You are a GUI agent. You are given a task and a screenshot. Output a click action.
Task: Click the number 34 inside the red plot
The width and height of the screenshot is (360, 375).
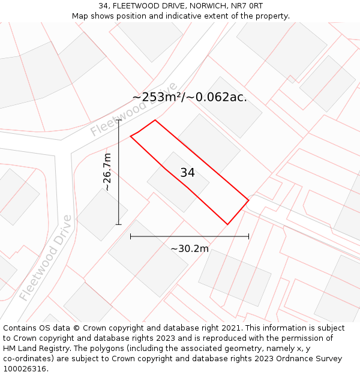(x=187, y=173)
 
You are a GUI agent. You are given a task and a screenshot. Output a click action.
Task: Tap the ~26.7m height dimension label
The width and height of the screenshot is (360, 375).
(x=107, y=172)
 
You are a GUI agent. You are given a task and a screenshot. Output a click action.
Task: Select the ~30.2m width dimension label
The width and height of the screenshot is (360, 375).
(x=190, y=249)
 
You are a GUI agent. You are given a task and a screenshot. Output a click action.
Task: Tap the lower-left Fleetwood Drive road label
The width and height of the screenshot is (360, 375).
(x=45, y=258)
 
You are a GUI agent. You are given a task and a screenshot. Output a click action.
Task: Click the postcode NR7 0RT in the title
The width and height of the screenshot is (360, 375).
(x=247, y=6)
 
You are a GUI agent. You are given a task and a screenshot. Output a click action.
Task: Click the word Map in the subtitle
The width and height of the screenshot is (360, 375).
(x=80, y=16)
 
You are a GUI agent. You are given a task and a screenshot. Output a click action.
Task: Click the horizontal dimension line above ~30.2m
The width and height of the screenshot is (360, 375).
(x=190, y=236)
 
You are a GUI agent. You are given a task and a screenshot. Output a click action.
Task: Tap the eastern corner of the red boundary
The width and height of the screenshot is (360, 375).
(x=248, y=200)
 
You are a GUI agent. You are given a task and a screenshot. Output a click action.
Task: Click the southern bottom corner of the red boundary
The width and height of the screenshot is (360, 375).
(x=227, y=224)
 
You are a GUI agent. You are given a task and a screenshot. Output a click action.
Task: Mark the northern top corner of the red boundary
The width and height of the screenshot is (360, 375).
(x=155, y=120)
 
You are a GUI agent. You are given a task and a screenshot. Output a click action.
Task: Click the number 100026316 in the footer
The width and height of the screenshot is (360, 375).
(x=24, y=369)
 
